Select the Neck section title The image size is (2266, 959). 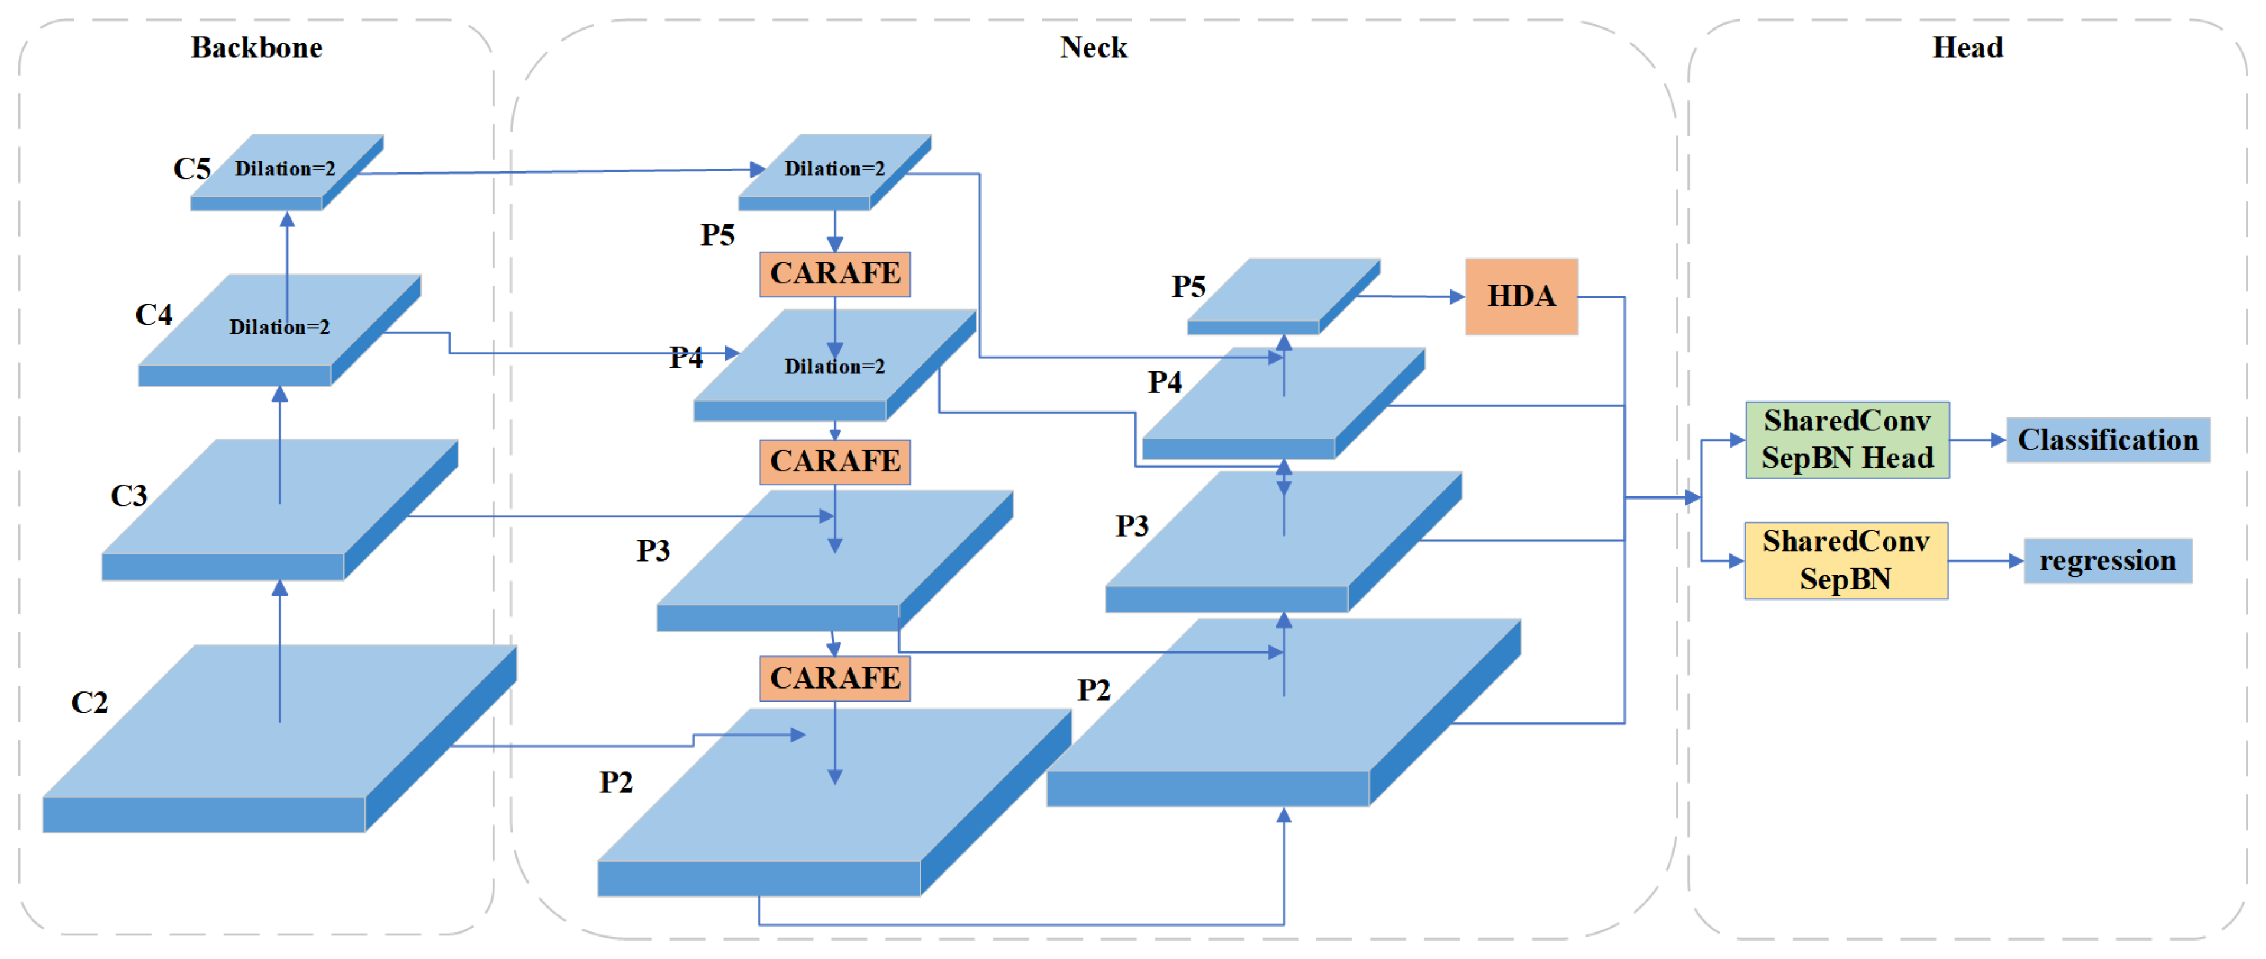[x=1093, y=47]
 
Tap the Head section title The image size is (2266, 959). [x=1967, y=47]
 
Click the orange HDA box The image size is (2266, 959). [x=1521, y=296]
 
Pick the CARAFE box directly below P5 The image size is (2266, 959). [x=835, y=273]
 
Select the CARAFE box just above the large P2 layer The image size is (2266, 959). [x=835, y=679]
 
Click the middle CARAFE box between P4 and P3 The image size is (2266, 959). [x=835, y=461]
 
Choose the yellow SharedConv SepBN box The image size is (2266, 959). [x=1846, y=560]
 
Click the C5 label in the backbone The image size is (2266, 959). [x=192, y=168]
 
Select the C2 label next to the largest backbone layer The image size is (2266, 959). [x=89, y=702]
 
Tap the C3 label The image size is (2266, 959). [x=128, y=495]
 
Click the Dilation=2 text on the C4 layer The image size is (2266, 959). [x=279, y=327]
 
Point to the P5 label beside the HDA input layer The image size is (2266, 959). [x=1188, y=287]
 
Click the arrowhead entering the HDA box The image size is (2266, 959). [x=1458, y=298]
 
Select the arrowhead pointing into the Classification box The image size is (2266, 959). [x=1998, y=440]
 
